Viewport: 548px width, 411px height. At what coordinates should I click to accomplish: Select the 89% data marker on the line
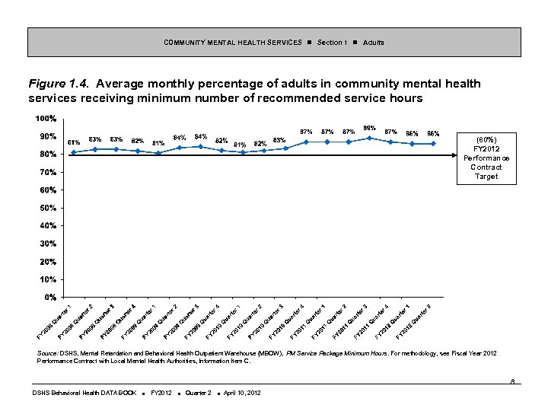click(x=369, y=138)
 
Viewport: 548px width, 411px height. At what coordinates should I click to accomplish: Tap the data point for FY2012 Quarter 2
click(x=433, y=143)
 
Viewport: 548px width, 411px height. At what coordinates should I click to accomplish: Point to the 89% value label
click(x=370, y=128)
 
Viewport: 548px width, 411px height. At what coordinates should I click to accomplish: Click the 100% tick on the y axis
click(x=45, y=119)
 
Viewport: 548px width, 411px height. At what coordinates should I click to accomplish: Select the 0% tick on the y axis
click(x=48, y=296)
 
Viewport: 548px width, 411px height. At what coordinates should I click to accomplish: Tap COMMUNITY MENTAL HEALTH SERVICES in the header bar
click(x=232, y=42)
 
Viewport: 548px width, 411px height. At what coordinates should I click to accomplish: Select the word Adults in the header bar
click(x=374, y=42)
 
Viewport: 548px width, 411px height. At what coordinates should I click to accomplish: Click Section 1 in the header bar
click(x=332, y=42)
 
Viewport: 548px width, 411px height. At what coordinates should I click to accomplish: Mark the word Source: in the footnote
click(x=49, y=355)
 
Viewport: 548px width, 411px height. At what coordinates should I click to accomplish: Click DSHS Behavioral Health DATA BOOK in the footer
click(x=84, y=393)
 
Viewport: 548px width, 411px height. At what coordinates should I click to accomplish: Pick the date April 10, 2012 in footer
click(x=241, y=393)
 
